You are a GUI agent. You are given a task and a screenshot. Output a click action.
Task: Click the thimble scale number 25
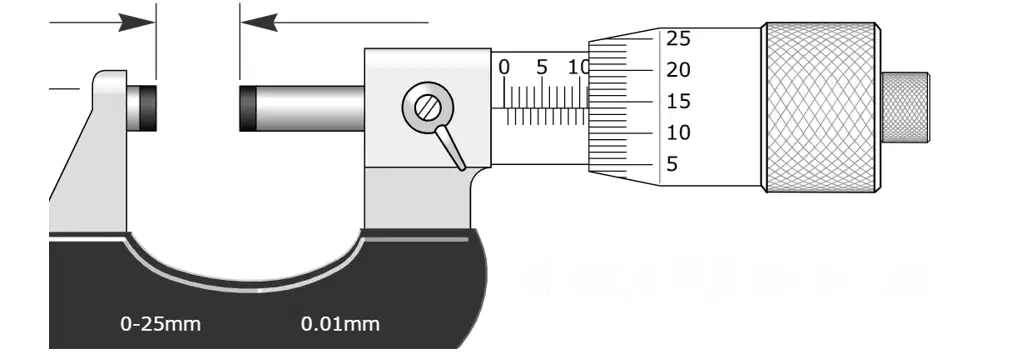[679, 39]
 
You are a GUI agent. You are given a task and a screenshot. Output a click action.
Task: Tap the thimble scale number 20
[679, 70]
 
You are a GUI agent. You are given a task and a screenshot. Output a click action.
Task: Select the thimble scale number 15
[679, 101]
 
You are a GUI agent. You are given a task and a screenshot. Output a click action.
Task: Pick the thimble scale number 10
[679, 133]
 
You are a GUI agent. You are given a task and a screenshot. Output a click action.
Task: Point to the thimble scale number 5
[672, 164]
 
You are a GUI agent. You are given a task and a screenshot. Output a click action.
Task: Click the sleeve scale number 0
[504, 67]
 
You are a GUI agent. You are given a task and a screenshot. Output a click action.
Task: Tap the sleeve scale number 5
[542, 67]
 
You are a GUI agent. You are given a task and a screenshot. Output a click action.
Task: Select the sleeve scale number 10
[579, 67]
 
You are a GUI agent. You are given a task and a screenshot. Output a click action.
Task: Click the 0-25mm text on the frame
[160, 324]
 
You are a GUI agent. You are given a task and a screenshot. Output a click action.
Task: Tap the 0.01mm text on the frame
[340, 324]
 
